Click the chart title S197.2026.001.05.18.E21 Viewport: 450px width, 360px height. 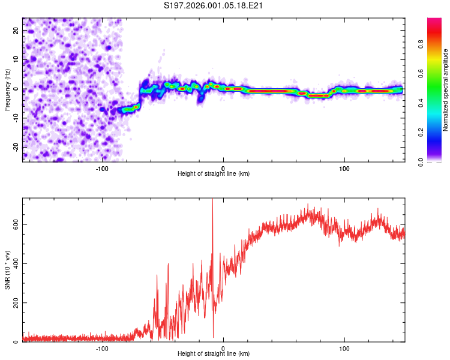[214, 5]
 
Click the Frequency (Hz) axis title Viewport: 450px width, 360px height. [7, 89]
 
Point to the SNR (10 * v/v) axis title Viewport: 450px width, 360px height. [7, 270]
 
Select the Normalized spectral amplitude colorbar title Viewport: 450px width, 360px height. [446, 90]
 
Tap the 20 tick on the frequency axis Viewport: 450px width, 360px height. [16, 31]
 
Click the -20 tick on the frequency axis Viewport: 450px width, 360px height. [15, 147]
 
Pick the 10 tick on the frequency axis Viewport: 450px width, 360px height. [16, 60]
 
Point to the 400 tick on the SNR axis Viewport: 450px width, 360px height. [14, 263]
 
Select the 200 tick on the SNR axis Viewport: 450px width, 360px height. [14, 303]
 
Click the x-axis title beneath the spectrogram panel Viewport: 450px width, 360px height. [214, 174]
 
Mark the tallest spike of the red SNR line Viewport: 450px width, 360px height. [212, 200]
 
